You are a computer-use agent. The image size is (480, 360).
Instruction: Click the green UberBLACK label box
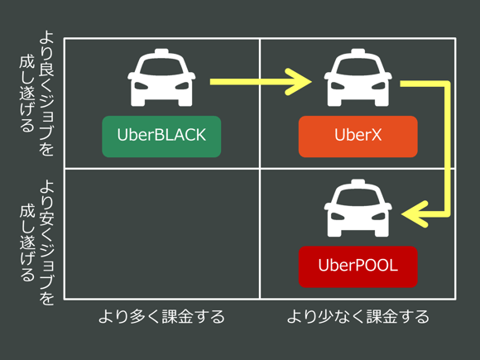click(161, 136)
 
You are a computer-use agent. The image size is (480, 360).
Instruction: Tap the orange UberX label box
click(358, 136)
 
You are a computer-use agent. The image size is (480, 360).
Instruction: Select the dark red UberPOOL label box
click(358, 266)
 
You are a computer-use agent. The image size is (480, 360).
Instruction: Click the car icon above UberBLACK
click(161, 76)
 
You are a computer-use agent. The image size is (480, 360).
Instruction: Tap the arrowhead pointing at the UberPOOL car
click(411, 214)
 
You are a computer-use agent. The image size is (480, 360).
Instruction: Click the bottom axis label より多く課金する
click(161, 316)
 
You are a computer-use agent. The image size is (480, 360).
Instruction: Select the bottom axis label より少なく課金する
click(358, 316)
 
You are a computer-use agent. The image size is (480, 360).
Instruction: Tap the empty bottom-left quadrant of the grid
click(161, 234)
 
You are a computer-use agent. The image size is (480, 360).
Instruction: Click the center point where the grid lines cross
click(260, 169)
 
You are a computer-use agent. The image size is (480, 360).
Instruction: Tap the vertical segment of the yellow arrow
click(446, 149)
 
